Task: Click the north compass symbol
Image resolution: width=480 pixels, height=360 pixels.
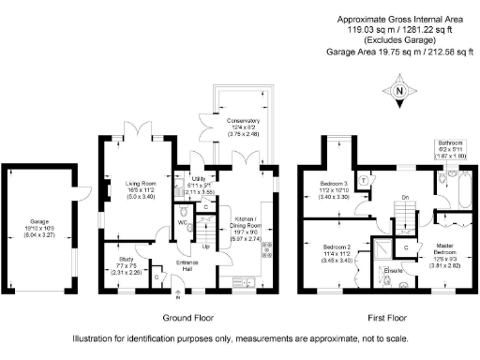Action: [398, 91]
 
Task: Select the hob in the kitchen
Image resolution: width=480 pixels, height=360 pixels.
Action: [268, 250]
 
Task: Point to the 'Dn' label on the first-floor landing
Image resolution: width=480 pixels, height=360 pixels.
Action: [379, 197]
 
